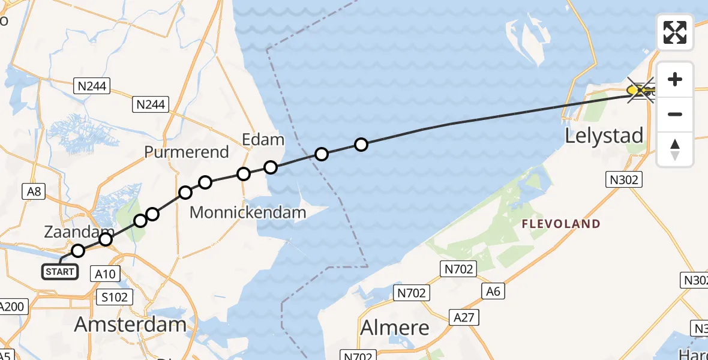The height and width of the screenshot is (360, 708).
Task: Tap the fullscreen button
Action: point(675,32)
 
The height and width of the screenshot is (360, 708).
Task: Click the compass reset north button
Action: point(675,149)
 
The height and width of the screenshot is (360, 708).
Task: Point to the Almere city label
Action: point(394,328)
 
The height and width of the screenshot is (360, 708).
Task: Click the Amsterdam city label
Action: point(130,325)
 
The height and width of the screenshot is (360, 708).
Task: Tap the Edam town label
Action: point(263,140)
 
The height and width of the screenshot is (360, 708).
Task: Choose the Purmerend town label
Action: point(187,152)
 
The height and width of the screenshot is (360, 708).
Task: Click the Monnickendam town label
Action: point(248,212)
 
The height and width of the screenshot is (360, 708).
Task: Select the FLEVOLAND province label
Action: point(561,224)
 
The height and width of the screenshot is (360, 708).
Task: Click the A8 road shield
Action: point(34,191)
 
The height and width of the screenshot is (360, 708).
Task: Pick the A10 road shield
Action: point(106,274)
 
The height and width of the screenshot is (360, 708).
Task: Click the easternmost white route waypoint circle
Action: point(361,144)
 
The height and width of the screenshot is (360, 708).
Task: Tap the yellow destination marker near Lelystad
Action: point(633,90)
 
